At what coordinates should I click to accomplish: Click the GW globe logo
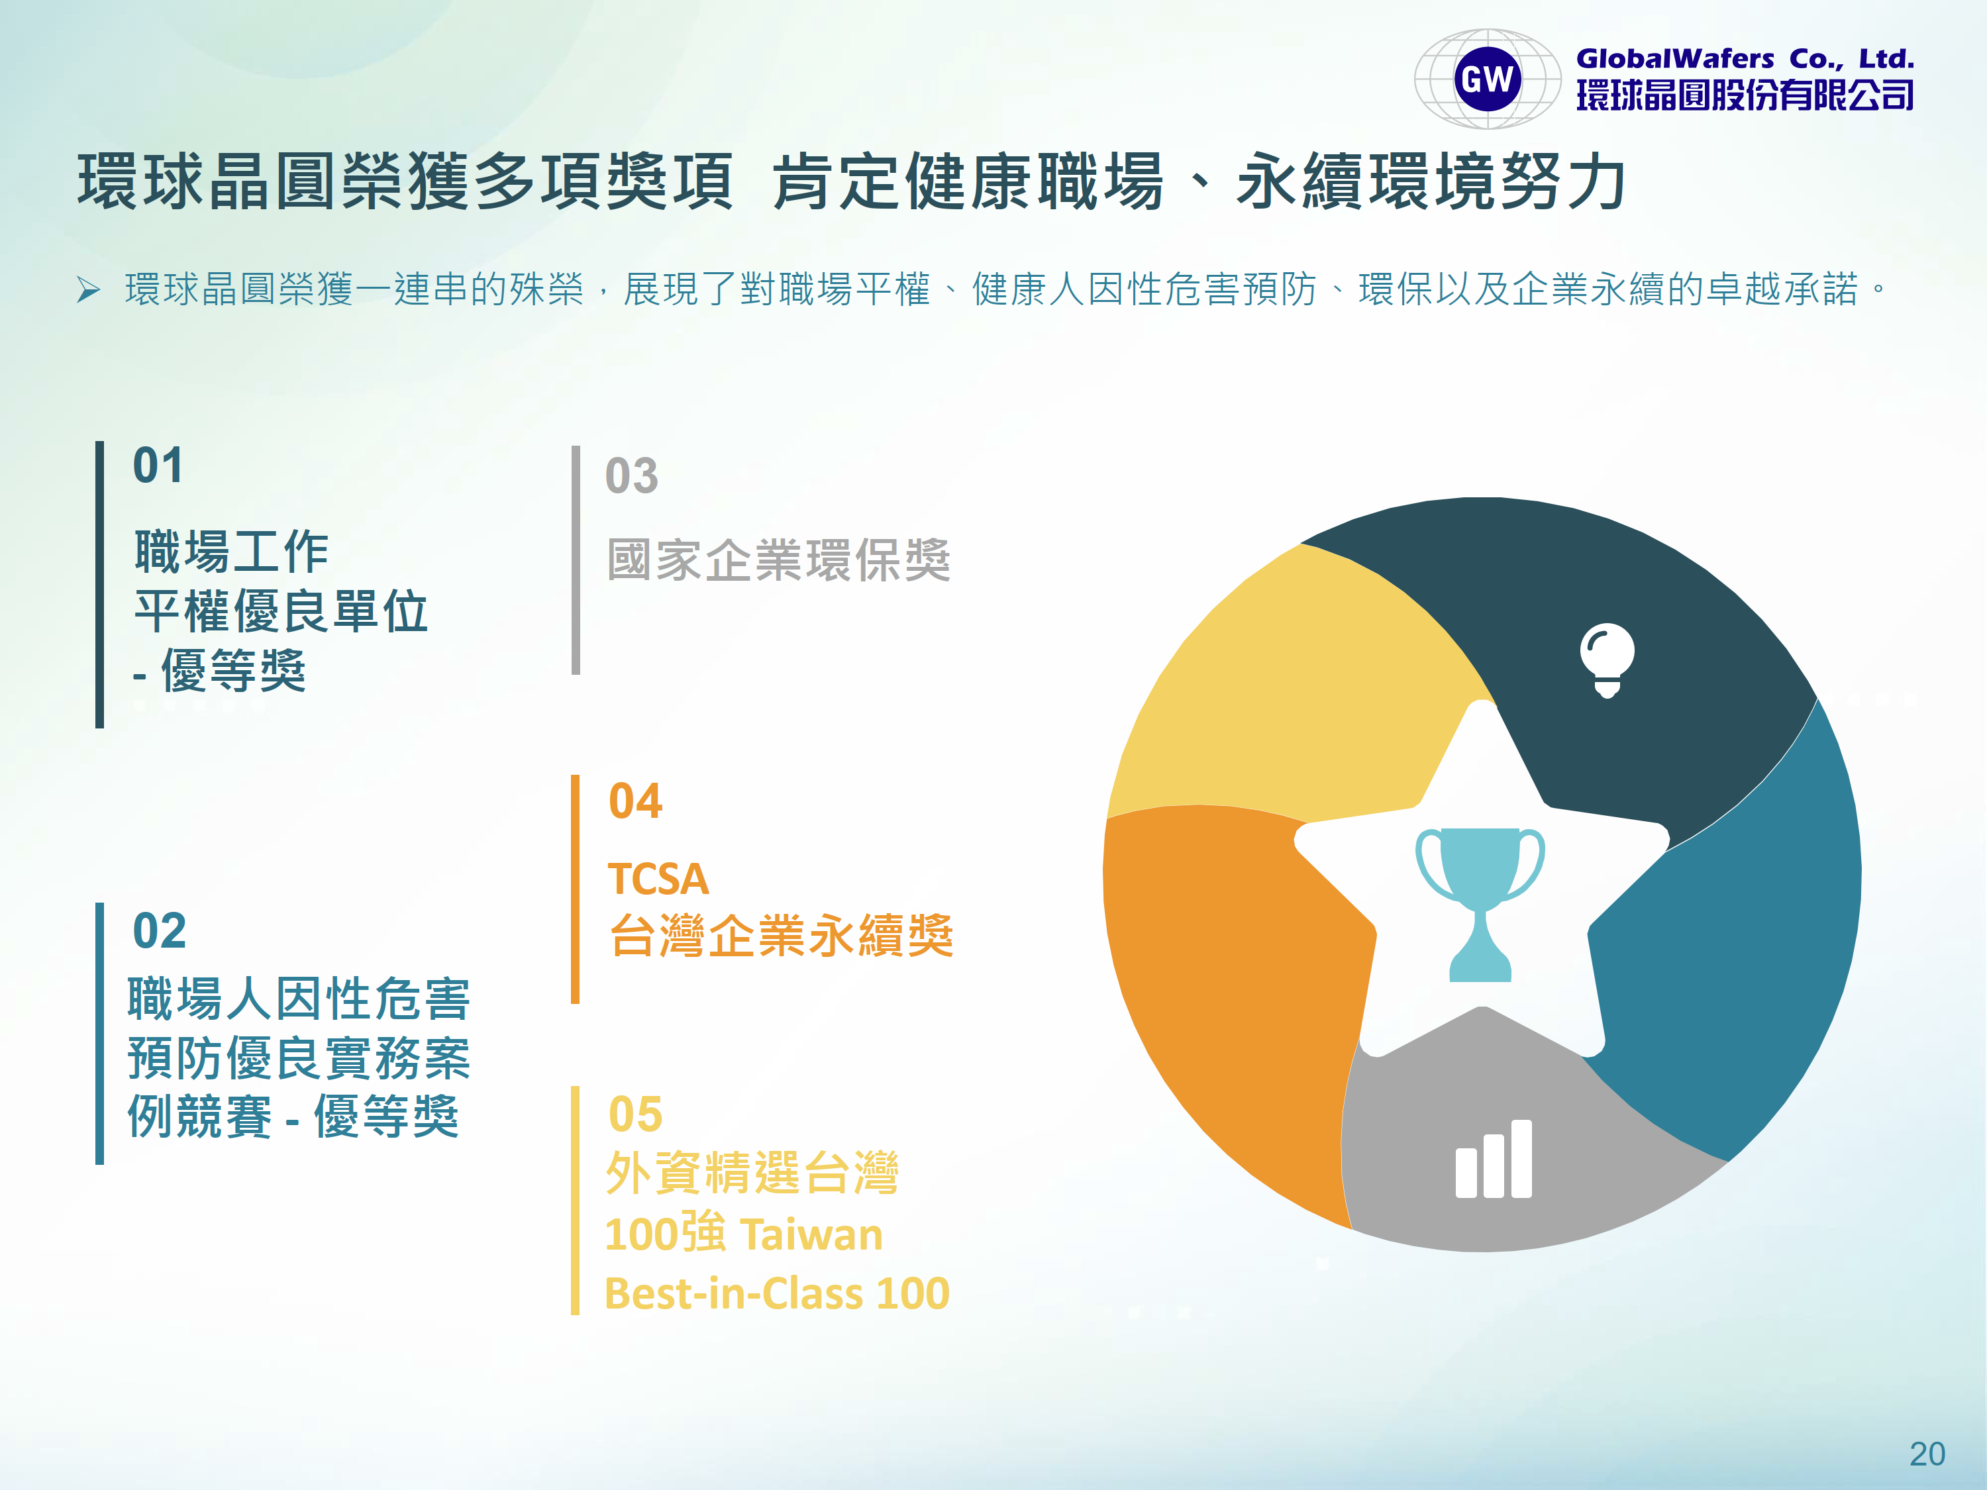click(x=1488, y=79)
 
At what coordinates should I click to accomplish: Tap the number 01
click(x=158, y=466)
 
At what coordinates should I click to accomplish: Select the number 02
click(x=160, y=930)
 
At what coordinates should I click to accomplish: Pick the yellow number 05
click(x=635, y=1114)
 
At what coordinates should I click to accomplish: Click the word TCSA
click(x=658, y=878)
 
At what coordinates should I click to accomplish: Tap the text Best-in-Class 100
click(x=777, y=1293)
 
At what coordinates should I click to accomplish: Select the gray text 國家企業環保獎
click(x=779, y=560)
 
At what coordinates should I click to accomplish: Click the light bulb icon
click(x=1607, y=659)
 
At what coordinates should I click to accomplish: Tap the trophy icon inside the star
click(x=1480, y=903)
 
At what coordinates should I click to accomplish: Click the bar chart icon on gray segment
click(x=1494, y=1159)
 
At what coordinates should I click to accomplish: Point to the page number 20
click(x=1927, y=1453)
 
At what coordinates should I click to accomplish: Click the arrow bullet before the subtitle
click(x=88, y=290)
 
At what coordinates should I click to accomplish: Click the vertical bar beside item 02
click(x=100, y=1034)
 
